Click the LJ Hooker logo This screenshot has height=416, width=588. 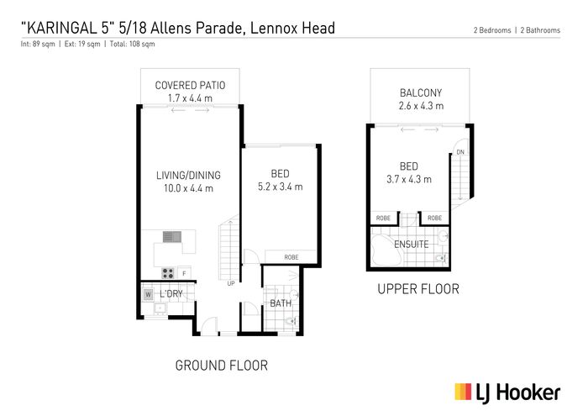point(507,392)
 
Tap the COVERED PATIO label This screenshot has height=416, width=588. point(190,86)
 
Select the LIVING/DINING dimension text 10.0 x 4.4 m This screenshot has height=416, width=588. point(188,188)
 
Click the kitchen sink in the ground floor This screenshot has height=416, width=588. point(172,237)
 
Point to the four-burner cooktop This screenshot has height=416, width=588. point(168,273)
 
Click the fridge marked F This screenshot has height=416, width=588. point(184,273)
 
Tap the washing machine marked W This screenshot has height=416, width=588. point(148,294)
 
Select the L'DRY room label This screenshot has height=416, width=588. point(171,293)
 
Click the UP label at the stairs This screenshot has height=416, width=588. point(231,283)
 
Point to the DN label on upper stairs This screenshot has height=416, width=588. point(460,152)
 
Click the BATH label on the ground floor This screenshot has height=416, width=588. point(281,303)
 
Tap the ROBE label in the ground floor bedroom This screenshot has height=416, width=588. point(291,257)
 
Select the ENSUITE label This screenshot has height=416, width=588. point(411,245)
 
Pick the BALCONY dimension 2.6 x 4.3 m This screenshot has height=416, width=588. point(421,106)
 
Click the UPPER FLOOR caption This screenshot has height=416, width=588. point(418,289)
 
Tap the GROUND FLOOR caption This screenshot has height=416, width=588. point(221,366)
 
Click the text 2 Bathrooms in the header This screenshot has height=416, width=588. point(540,30)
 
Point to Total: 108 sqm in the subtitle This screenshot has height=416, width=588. point(132,44)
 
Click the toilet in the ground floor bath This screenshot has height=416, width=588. point(291,321)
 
